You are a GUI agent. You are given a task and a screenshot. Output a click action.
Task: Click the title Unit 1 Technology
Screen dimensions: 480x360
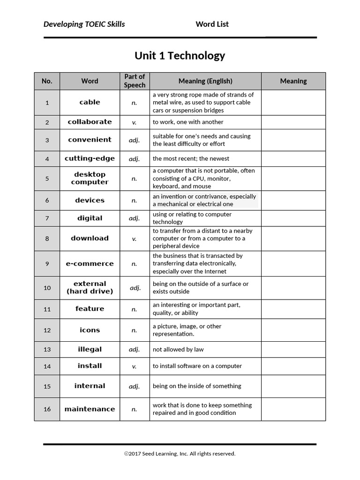tap(180, 56)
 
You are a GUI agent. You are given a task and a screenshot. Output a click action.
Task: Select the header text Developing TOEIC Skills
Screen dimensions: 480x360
tap(84, 24)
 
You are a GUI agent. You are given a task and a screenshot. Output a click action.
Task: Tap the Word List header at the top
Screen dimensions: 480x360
tap(212, 24)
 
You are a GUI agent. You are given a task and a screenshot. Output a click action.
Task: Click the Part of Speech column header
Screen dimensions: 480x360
tap(135, 81)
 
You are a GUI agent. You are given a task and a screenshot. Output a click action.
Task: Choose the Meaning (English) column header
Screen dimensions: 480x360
tap(205, 81)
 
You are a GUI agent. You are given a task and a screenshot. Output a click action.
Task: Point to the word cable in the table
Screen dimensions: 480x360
tap(90, 102)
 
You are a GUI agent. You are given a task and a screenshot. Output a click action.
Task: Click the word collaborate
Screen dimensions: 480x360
tap(90, 122)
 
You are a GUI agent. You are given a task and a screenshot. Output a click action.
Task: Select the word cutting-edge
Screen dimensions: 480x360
tap(90, 158)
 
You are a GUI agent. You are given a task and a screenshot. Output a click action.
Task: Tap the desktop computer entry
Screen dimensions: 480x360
tap(90, 178)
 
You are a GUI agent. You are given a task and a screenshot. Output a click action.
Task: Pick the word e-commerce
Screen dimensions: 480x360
tap(90, 263)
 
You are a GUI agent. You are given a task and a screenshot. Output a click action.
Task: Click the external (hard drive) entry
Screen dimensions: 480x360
tap(90, 287)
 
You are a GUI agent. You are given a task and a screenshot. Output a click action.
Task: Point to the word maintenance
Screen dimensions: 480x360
tap(90, 409)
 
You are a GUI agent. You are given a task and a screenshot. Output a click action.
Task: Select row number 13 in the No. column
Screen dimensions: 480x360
tap(47, 350)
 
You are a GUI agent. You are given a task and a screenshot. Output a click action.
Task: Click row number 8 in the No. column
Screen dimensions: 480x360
tap(47, 239)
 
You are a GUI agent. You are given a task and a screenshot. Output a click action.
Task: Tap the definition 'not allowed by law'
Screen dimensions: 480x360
tap(178, 349)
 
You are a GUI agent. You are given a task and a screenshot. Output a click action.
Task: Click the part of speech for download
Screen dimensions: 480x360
tap(135, 239)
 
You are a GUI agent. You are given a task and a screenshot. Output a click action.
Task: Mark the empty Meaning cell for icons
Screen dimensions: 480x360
tap(293, 330)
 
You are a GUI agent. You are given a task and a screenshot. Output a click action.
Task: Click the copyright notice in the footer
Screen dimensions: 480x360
tap(180, 453)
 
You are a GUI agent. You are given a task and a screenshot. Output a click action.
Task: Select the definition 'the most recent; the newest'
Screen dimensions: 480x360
tap(191, 158)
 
